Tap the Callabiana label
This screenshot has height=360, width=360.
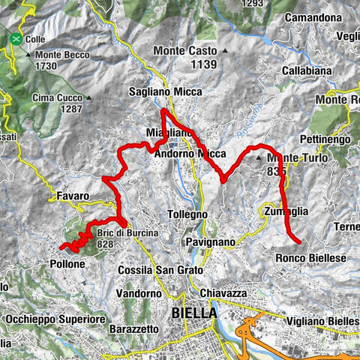(x=307, y=70)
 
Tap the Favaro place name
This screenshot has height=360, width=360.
(x=73, y=196)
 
